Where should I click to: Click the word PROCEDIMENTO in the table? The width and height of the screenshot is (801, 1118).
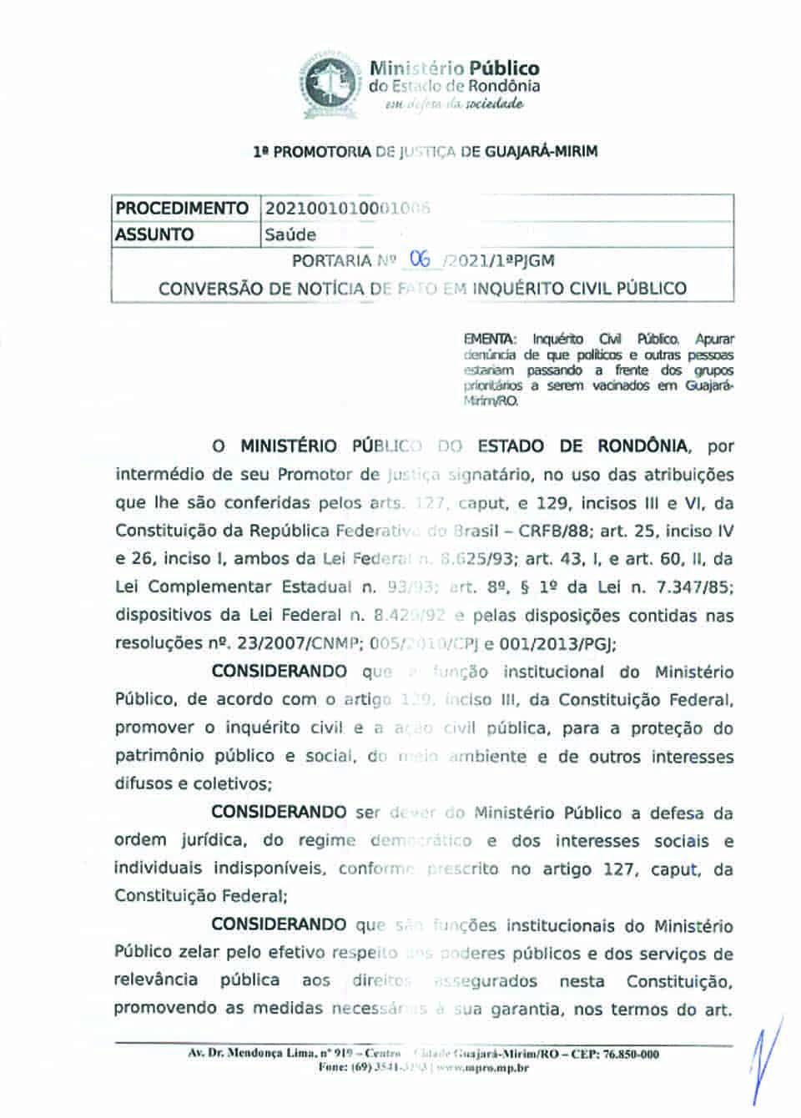(x=182, y=208)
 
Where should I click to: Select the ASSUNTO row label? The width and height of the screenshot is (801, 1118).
(x=154, y=234)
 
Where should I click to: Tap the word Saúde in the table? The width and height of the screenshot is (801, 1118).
(x=290, y=235)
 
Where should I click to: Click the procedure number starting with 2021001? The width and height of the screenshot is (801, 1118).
(x=346, y=208)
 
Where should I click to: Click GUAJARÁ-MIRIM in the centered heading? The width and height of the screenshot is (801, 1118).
(x=541, y=153)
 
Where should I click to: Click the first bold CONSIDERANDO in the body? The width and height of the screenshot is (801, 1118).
(x=279, y=672)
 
